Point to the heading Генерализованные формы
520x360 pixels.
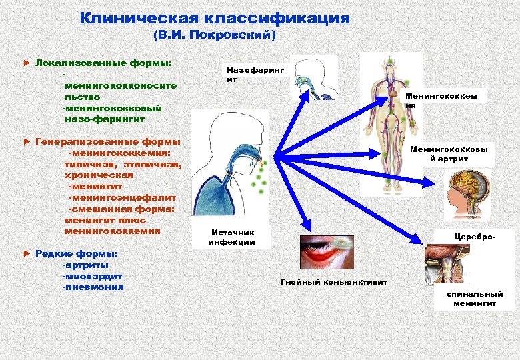click(x=107, y=141)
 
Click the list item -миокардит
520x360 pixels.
click(x=92, y=276)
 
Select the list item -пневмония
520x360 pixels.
click(x=93, y=287)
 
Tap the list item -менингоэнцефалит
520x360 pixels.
click(x=122, y=198)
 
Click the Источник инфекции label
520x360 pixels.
click(x=231, y=237)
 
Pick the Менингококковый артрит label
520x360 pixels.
click(x=448, y=154)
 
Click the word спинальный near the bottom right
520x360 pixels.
click(x=476, y=294)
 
